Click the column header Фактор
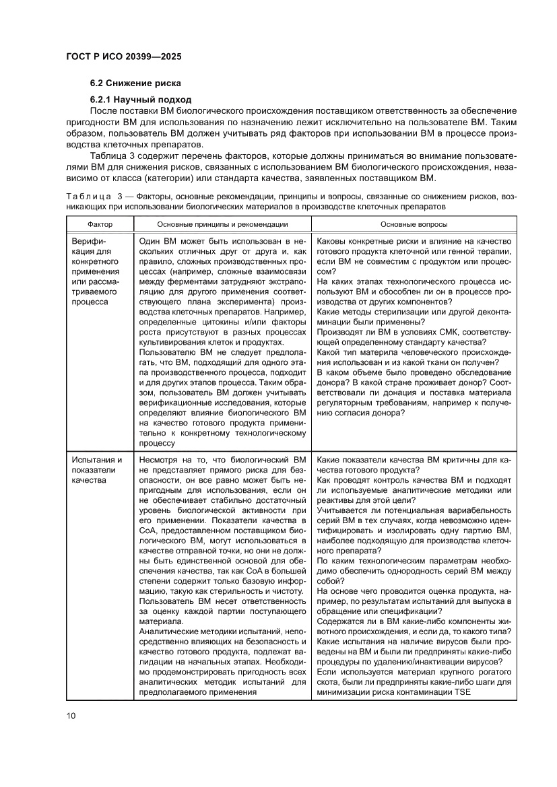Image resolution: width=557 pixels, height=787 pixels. tap(100, 224)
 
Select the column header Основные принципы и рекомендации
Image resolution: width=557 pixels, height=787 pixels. tap(222, 224)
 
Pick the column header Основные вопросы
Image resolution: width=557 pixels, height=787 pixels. tap(414, 224)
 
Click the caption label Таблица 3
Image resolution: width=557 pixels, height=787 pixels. tap(92, 196)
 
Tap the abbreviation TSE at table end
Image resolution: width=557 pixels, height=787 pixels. tap(463, 692)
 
